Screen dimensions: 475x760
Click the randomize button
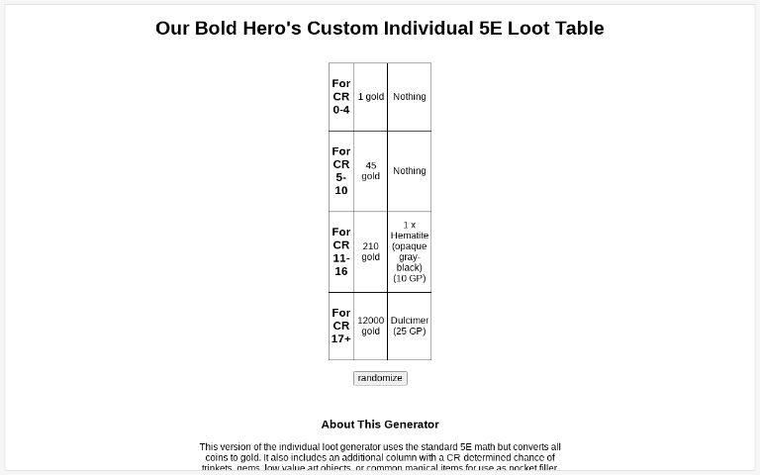[380, 378]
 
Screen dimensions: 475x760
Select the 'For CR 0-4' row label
[341, 97]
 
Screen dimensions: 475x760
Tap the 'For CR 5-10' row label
[341, 171]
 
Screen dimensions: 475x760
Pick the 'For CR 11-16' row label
[341, 251]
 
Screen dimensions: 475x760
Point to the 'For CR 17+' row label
[341, 326]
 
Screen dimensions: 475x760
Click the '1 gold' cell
[371, 97]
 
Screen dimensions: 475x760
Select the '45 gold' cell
[371, 171]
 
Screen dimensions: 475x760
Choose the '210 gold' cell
[371, 251]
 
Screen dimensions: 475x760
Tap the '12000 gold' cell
[371, 326]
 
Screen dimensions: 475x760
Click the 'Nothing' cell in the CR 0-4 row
[410, 97]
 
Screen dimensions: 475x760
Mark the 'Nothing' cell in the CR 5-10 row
[410, 171]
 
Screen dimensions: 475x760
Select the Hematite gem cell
[410, 251]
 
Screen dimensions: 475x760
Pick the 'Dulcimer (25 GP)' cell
[410, 326]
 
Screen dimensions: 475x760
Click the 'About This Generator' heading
[380, 425]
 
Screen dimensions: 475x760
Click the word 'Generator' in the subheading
[407, 425]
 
